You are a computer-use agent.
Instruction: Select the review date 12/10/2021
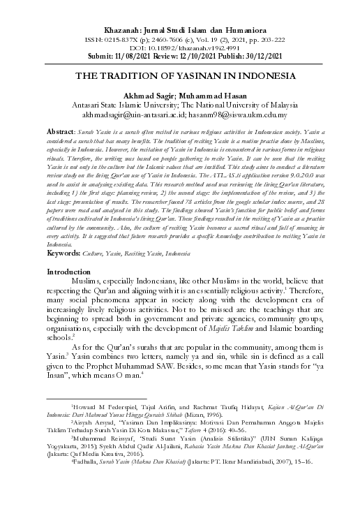click(195, 55)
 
